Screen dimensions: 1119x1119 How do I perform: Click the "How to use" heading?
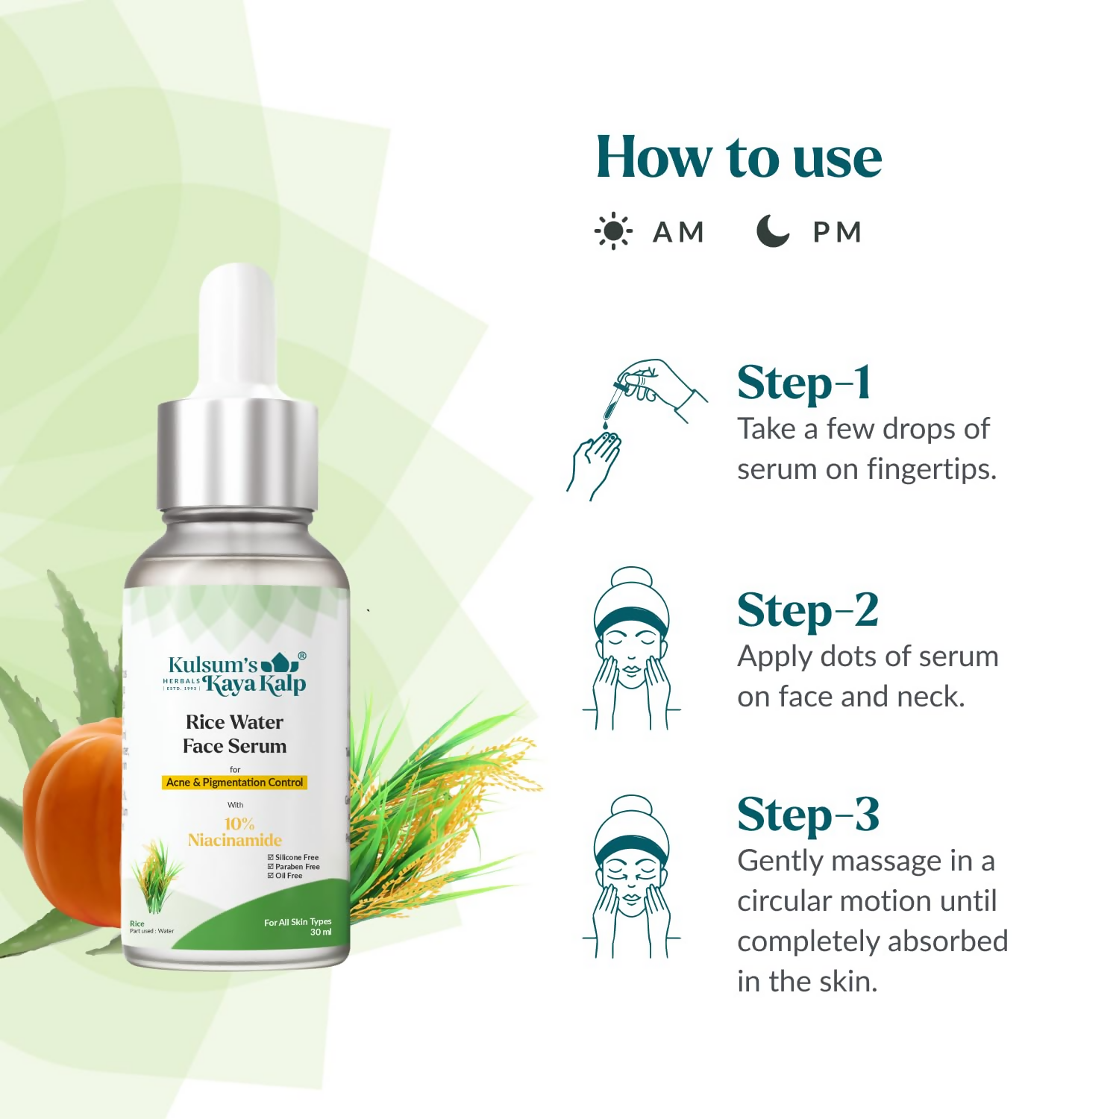pyautogui.click(x=739, y=157)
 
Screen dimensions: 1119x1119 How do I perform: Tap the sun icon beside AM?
pyautogui.click(x=613, y=231)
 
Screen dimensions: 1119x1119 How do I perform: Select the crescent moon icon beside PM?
pyautogui.click(x=773, y=231)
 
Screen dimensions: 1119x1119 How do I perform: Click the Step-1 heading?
pyautogui.click(x=804, y=383)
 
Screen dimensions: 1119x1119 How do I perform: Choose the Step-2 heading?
pyautogui.click(x=808, y=611)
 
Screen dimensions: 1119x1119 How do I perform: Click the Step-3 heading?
pyautogui.click(x=808, y=815)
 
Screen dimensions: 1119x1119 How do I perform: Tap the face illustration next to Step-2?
pyautogui.click(x=631, y=649)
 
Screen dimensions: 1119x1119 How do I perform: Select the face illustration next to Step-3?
pyautogui.click(x=631, y=877)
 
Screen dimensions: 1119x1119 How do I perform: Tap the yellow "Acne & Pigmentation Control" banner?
pyautogui.click(x=234, y=783)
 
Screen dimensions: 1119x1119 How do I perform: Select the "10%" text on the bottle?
pyautogui.click(x=239, y=824)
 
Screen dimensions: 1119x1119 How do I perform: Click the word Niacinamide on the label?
pyautogui.click(x=234, y=840)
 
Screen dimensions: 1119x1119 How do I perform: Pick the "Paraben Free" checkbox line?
pyautogui.click(x=294, y=867)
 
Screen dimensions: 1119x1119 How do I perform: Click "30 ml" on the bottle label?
pyautogui.click(x=321, y=932)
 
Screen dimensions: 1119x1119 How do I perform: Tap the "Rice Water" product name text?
pyautogui.click(x=234, y=722)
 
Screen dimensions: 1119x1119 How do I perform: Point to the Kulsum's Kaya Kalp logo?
pyautogui.click(x=235, y=674)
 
